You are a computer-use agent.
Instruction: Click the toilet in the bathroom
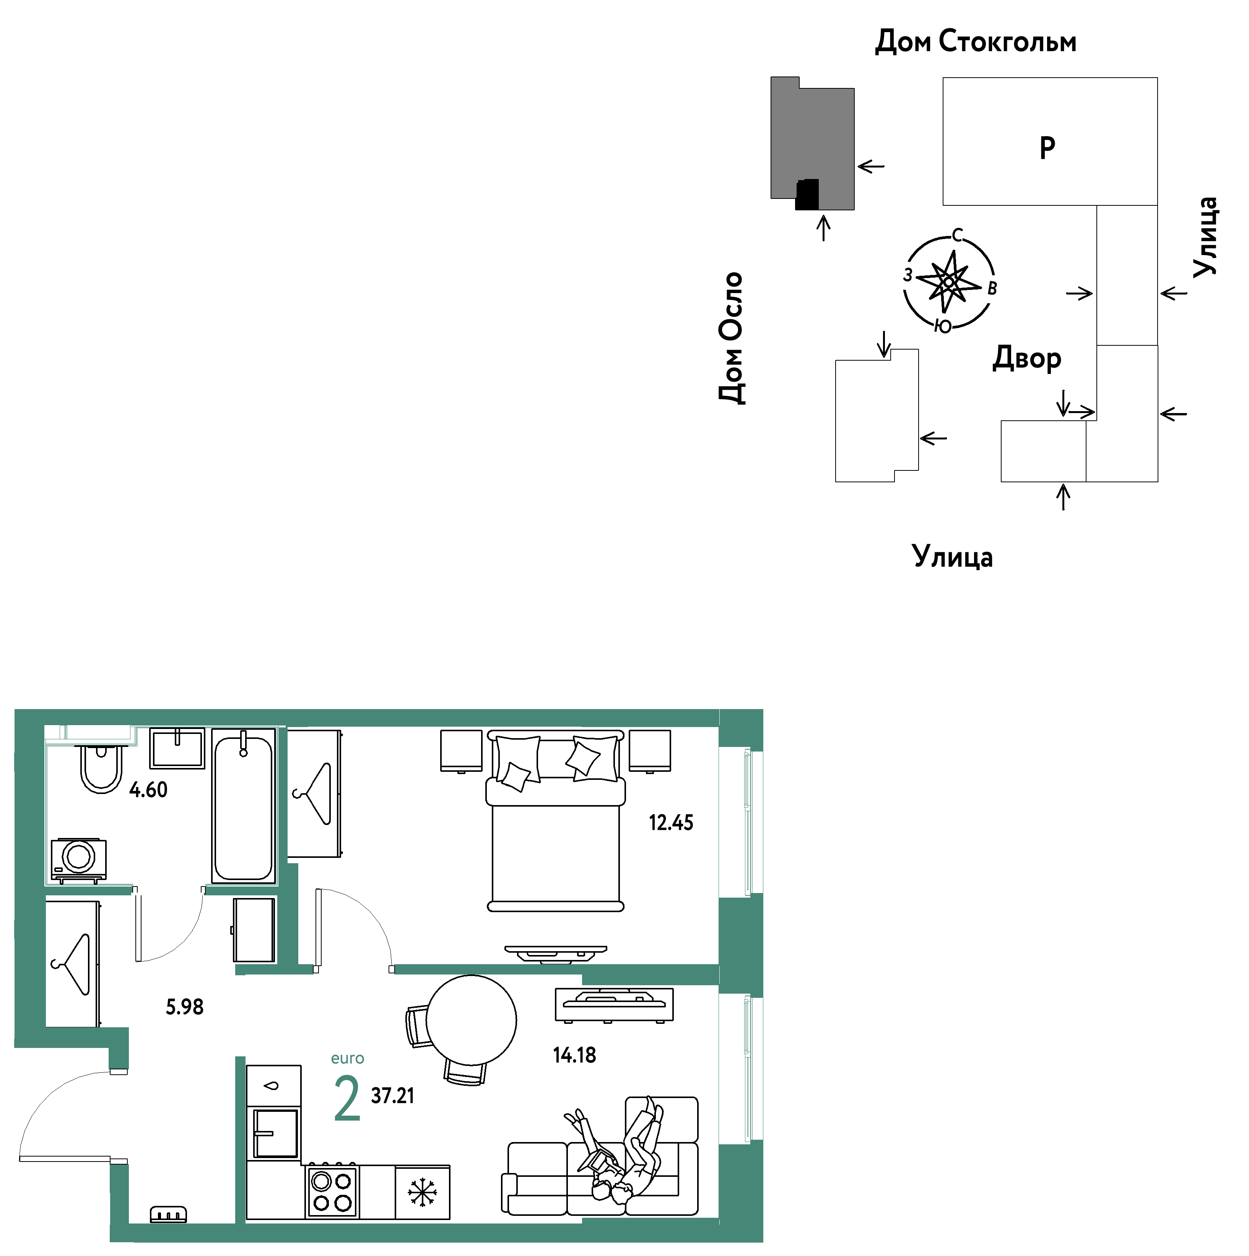click(x=101, y=767)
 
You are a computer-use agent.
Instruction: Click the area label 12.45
click(x=671, y=823)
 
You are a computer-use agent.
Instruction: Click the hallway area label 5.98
click(x=185, y=1007)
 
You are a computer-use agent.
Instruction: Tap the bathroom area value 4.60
click(x=148, y=790)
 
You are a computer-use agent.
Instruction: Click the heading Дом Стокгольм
click(x=975, y=42)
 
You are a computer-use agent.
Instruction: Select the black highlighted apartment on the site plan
click(x=807, y=194)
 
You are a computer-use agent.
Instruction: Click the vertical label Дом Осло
click(x=732, y=338)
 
